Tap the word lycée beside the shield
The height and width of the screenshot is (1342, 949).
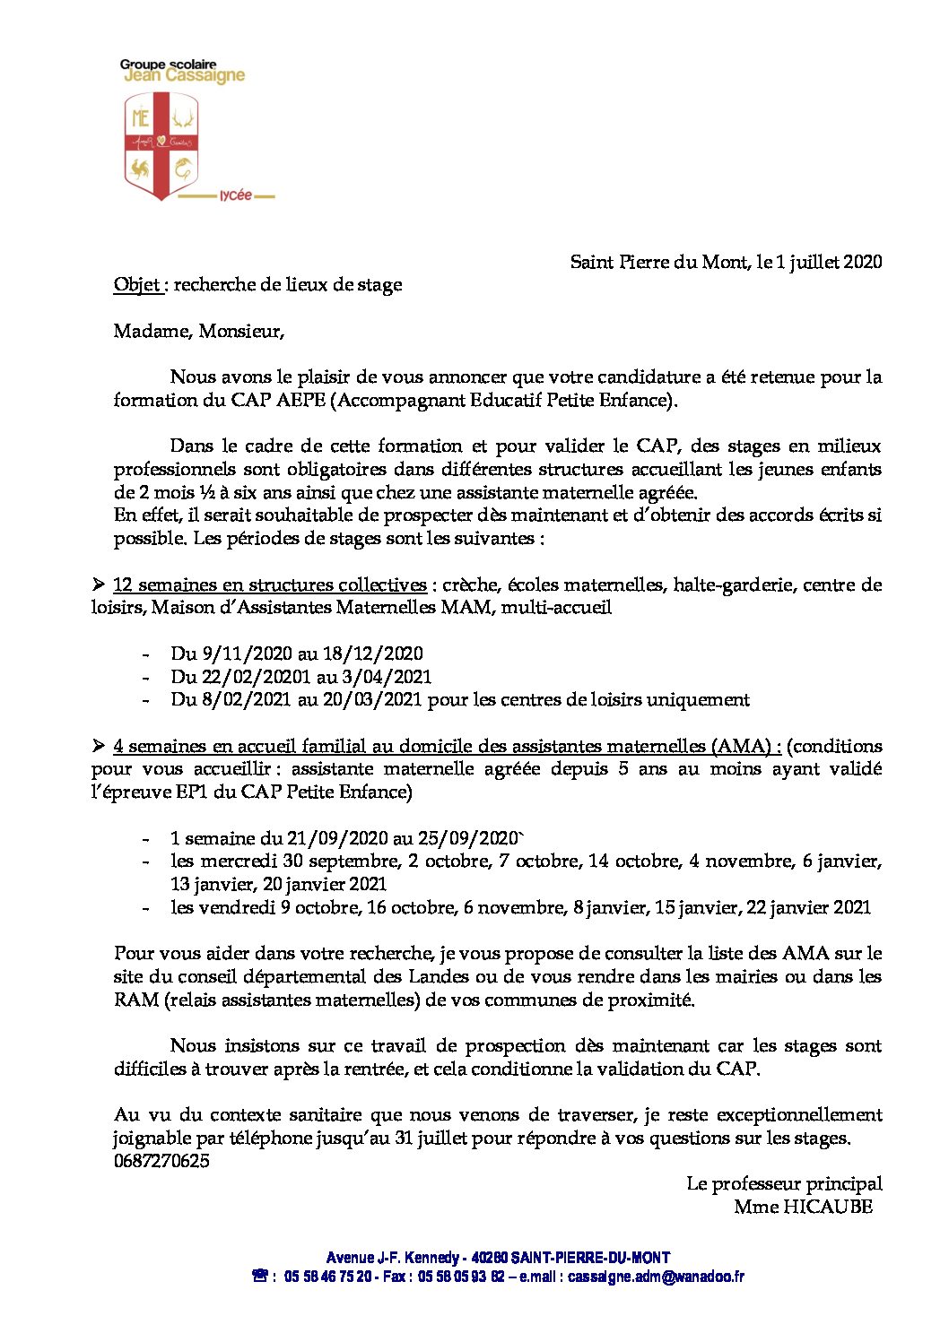[x=236, y=195]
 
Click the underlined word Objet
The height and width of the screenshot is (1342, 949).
[x=136, y=285]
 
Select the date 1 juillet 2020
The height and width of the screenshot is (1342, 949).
[x=829, y=262]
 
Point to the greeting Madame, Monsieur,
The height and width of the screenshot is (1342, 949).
[x=198, y=332]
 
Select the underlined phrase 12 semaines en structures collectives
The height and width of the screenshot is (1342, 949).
[x=269, y=585]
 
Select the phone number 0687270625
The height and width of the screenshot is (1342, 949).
[x=161, y=1161]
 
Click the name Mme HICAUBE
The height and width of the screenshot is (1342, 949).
[x=803, y=1207]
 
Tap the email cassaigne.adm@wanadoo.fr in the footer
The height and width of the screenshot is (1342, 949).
[x=656, y=1277]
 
